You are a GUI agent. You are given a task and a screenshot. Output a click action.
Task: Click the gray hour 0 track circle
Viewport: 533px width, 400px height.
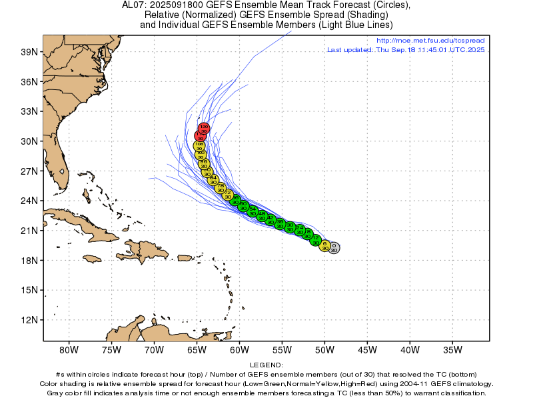(x=334, y=247)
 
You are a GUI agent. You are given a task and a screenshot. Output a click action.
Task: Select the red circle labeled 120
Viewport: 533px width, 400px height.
(x=205, y=128)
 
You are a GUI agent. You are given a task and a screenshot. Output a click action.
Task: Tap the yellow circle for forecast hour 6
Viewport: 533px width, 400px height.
(x=325, y=246)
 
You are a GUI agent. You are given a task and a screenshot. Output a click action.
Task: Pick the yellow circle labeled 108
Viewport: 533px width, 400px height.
(x=199, y=145)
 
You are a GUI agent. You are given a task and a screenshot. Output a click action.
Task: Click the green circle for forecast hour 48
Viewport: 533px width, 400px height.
(x=262, y=215)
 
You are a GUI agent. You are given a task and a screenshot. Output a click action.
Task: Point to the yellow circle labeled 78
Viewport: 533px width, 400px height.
(x=221, y=187)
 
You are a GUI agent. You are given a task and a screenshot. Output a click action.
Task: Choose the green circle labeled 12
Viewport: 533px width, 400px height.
(x=316, y=240)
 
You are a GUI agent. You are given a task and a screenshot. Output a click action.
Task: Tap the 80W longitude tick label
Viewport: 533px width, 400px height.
(x=69, y=349)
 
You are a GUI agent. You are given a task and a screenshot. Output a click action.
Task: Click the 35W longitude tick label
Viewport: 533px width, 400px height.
(x=452, y=349)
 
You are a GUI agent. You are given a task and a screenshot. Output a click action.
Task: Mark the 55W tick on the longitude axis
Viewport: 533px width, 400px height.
(x=282, y=349)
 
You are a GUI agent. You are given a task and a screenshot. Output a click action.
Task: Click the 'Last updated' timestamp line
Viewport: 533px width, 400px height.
(x=406, y=49)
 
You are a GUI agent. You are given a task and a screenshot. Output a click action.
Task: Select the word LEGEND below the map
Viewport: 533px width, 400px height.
(x=266, y=365)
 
